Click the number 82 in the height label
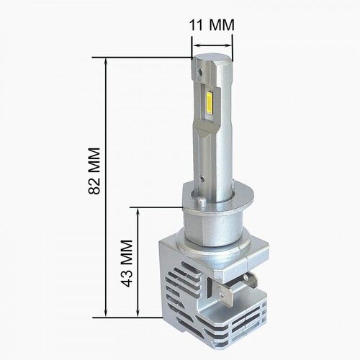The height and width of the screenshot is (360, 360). click(x=92, y=187)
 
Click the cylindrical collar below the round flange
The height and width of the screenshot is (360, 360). click(x=216, y=230)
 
